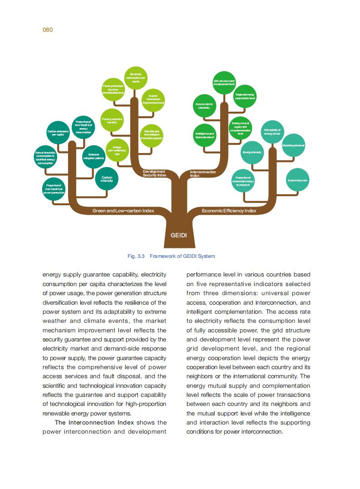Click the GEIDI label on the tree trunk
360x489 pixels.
(178, 236)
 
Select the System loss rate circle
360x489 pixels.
(297, 180)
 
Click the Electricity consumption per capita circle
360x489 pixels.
(136, 78)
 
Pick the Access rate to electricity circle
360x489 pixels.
(204, 106)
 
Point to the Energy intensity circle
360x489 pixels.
(252, 152)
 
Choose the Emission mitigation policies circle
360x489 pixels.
(94, 157)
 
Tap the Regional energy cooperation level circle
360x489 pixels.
(245, 96)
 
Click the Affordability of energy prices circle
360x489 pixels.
(272, 132)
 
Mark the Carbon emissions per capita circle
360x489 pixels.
(58, 133)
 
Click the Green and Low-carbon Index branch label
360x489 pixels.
(123, 211)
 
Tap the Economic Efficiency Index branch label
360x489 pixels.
(229, 211)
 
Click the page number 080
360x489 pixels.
(48, 30)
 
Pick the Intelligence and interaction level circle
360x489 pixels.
(204, 135)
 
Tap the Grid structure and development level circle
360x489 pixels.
(224, 82)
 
